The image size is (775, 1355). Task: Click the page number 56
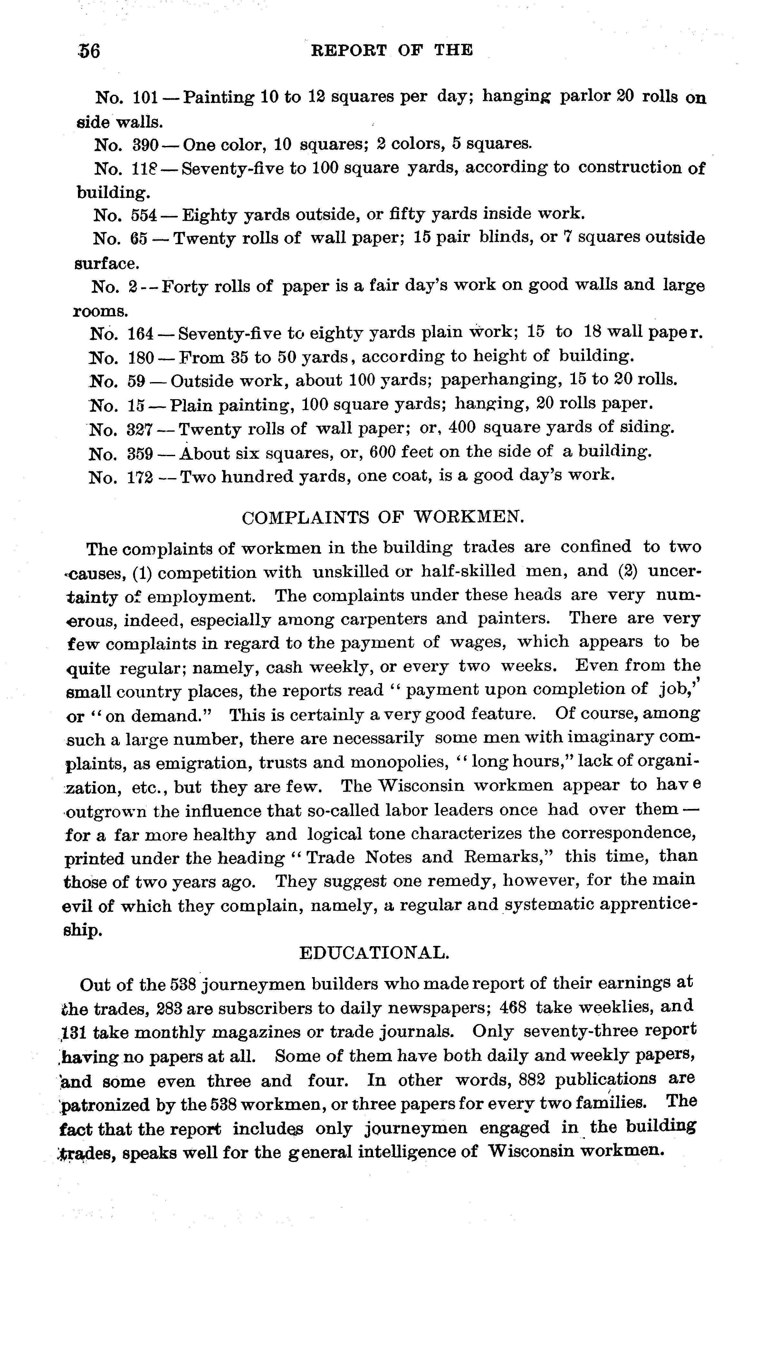point(88,51)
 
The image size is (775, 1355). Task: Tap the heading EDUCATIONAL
point(374,953)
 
